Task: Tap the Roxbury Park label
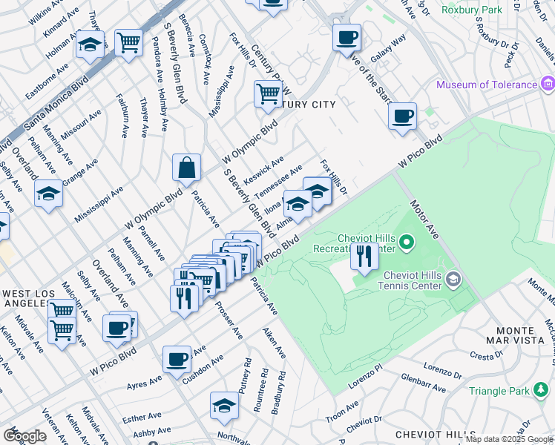(x=472, y=10)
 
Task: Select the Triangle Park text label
(x=502, y=390)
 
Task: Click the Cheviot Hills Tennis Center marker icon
(x=454, y=279)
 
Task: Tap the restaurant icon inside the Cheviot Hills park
(x=364, y=257)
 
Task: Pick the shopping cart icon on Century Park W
(x=268, y=93)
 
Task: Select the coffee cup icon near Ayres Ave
(x=177, y=359)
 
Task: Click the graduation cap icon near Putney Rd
(x=224, y=405)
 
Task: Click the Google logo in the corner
(x=24, y=436)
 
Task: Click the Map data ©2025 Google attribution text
(x=508, y=439)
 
